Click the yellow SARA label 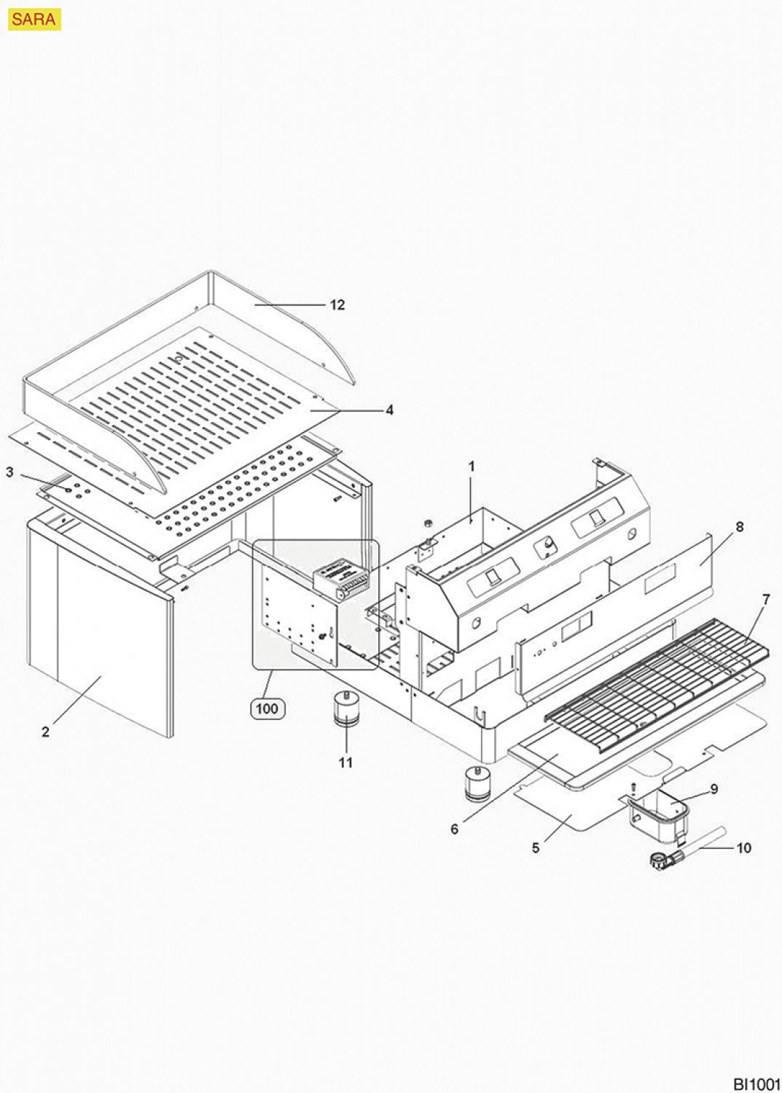tap(34, 20)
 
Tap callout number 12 tap(337, 305)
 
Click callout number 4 tap(389, 410)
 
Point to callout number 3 tap(9, 472)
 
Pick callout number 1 tap(472, 466)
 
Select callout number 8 tap(739, 527)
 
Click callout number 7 tap(765, 600)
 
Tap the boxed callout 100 tap(267, 708)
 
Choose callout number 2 tap(45, 732)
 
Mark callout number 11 tap(345, 762)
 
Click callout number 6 tap(454, 829)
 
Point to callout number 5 tap(536, 848)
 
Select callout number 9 tap(713, 788)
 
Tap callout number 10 tap(743, 848)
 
